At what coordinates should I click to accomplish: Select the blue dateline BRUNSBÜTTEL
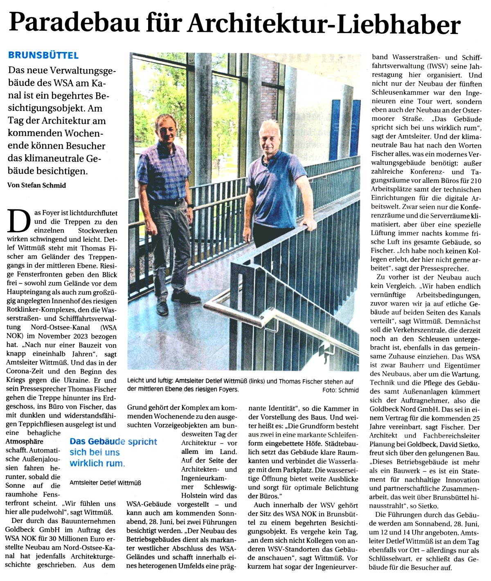[43, 55]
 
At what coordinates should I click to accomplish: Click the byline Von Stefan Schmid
[36, 185]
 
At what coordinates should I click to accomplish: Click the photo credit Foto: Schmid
[340, 390]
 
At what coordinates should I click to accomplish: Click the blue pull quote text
[113, 452]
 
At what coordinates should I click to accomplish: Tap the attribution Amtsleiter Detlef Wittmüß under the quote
[105, 483]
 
